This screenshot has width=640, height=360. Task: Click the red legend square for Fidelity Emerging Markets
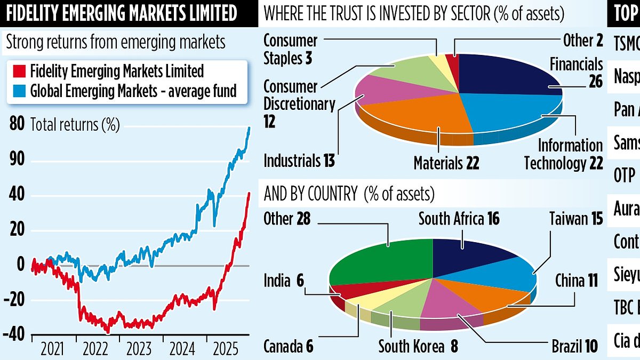click(17, 70)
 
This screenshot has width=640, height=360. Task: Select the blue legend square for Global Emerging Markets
click(17, 91)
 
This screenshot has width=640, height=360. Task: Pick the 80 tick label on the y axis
click(17, 124)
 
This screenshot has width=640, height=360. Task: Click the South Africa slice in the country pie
click(469, 253)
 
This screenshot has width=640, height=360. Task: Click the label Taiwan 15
click(576, 219)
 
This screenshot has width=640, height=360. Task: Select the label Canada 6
click(288, 347)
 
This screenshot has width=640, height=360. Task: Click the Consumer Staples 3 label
click(290, 49)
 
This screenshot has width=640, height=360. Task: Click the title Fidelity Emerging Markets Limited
click(119, 13)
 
